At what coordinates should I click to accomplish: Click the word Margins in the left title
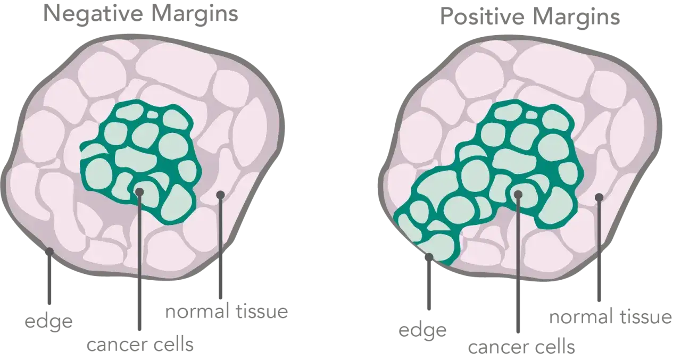195,14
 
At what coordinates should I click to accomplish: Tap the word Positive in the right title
483,16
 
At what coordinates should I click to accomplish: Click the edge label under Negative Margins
48,321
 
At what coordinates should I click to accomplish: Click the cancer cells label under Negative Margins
140,345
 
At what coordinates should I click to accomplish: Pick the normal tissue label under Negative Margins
227,312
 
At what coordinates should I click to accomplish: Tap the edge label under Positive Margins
422,330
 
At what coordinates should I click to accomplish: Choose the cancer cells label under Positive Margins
521,347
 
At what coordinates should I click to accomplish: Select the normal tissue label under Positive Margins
610,317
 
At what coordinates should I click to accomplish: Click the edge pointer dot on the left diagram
49,251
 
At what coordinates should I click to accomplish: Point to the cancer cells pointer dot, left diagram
139,191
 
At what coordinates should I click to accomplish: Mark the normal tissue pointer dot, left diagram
220,195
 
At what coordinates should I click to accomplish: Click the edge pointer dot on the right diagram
429,257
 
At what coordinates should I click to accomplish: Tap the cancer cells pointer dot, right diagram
518,194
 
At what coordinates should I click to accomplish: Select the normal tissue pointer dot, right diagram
599,197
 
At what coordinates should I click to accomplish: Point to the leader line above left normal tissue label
220,247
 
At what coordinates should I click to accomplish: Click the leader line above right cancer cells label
518,263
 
